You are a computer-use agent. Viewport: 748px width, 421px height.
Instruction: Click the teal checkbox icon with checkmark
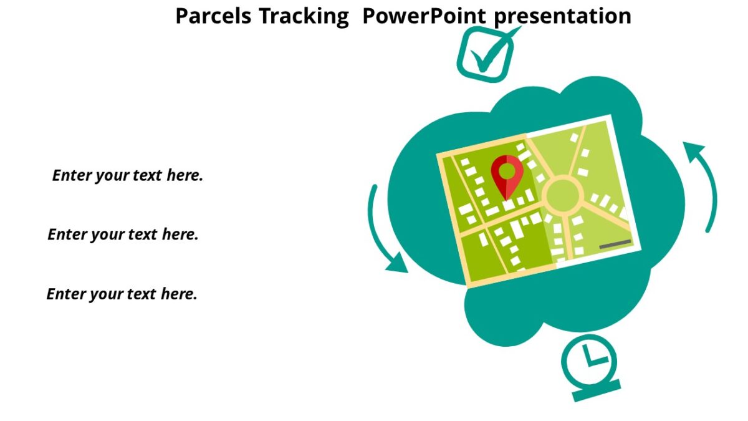(485, 56)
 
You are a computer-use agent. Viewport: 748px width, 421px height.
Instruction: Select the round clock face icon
(588, 360)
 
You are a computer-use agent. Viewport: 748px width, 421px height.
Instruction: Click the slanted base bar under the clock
(597, 390)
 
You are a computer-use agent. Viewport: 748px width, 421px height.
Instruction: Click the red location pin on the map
(506, 175)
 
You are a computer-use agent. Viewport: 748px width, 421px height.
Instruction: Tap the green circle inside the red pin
(507, 170)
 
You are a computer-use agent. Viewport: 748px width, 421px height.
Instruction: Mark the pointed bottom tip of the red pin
(506, 199)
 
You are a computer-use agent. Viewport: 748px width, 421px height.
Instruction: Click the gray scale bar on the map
(615, 244)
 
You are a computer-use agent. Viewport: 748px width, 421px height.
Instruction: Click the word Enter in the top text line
(72, 175)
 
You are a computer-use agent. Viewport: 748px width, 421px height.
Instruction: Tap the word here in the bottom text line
(180, 294)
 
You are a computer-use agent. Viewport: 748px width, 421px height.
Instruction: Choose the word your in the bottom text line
(106, 294)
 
